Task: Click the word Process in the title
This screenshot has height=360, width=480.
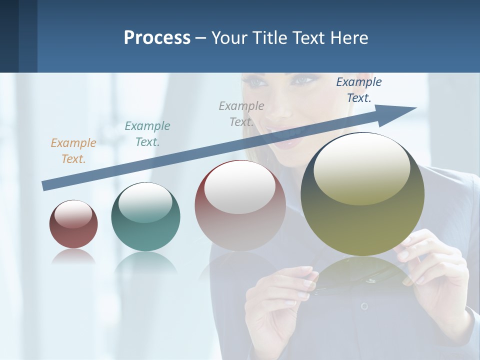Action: [157, 38]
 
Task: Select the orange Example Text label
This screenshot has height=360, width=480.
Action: [73, 151]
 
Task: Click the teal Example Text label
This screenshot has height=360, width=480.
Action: [147, 134]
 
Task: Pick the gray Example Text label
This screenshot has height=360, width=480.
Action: [241, 114]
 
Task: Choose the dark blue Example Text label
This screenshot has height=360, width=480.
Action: [359, 90]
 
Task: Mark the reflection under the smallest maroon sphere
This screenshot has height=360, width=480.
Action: [73, 257]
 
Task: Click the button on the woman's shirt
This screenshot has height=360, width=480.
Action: [364, 306]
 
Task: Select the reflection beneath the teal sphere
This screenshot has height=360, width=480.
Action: [145, 262]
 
